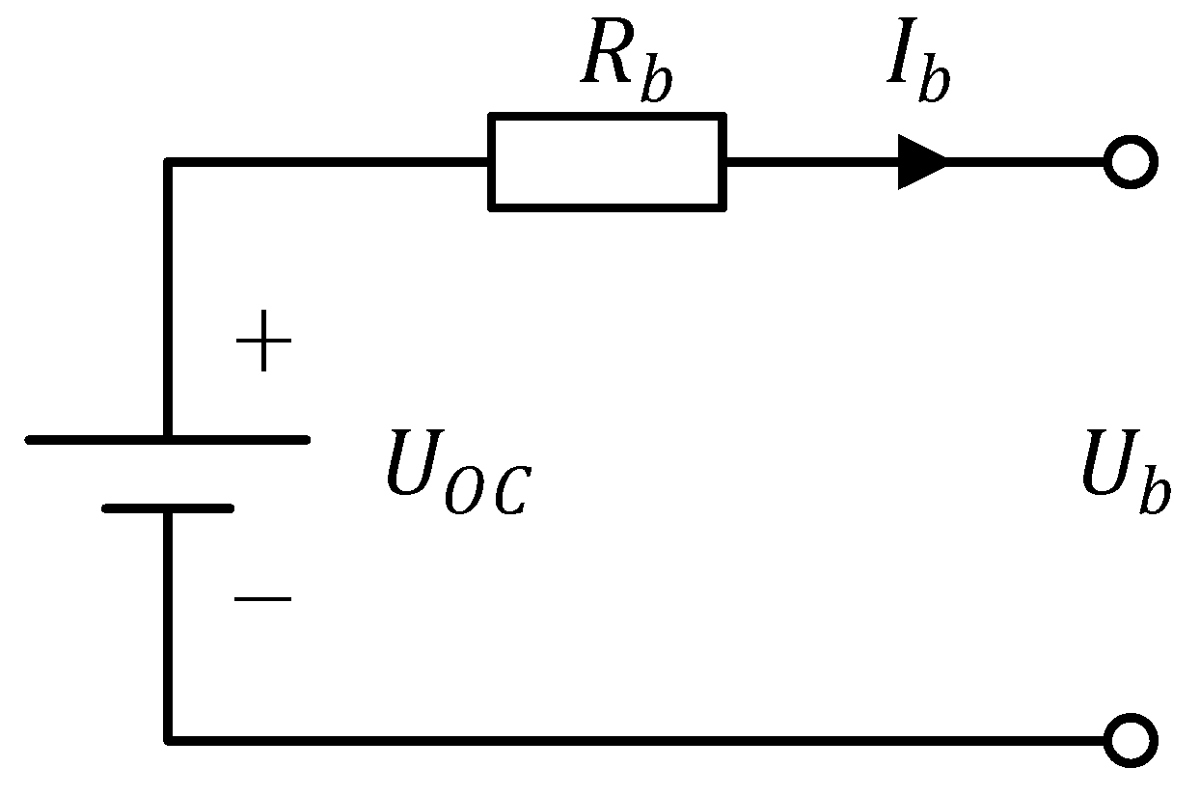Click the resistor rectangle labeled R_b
607,161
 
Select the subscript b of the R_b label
657,83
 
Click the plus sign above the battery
262,345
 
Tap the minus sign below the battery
262,599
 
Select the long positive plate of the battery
168,439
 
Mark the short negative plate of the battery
168,507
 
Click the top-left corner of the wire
170,163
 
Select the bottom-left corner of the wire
170,740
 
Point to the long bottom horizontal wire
637,740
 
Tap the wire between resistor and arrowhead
810,161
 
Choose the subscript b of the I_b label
934,83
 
